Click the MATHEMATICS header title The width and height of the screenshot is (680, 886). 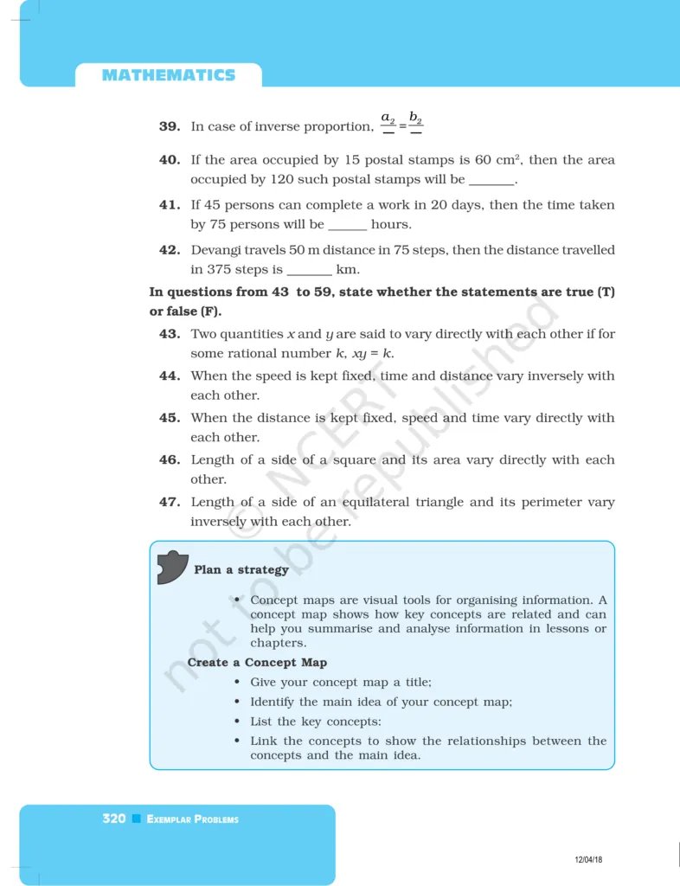(x=168, y=75)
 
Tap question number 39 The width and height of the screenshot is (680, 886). (x=170, y=126)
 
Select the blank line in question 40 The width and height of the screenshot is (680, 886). (x=491, y=182)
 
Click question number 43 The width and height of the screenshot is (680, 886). (x=170, y=334)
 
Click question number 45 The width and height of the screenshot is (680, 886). (x=170, y=418)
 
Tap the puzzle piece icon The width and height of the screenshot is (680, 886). (x=171, y=567)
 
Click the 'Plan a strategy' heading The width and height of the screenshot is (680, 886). (x=241, y=570)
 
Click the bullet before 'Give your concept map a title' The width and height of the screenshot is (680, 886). (x=237, y=683)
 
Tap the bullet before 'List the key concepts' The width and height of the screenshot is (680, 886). (x=237, y=722)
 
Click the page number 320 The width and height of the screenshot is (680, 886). (x=114, y=819)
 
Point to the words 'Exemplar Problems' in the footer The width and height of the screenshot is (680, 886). (x=193, y=819)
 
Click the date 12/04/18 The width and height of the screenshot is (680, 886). (x=588, y=859)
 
